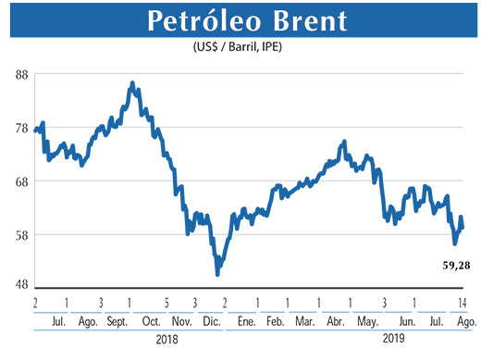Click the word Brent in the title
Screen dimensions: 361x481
(315, 21)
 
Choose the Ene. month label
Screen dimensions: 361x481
(245, 321)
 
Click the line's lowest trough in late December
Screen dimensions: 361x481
(217, 274)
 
